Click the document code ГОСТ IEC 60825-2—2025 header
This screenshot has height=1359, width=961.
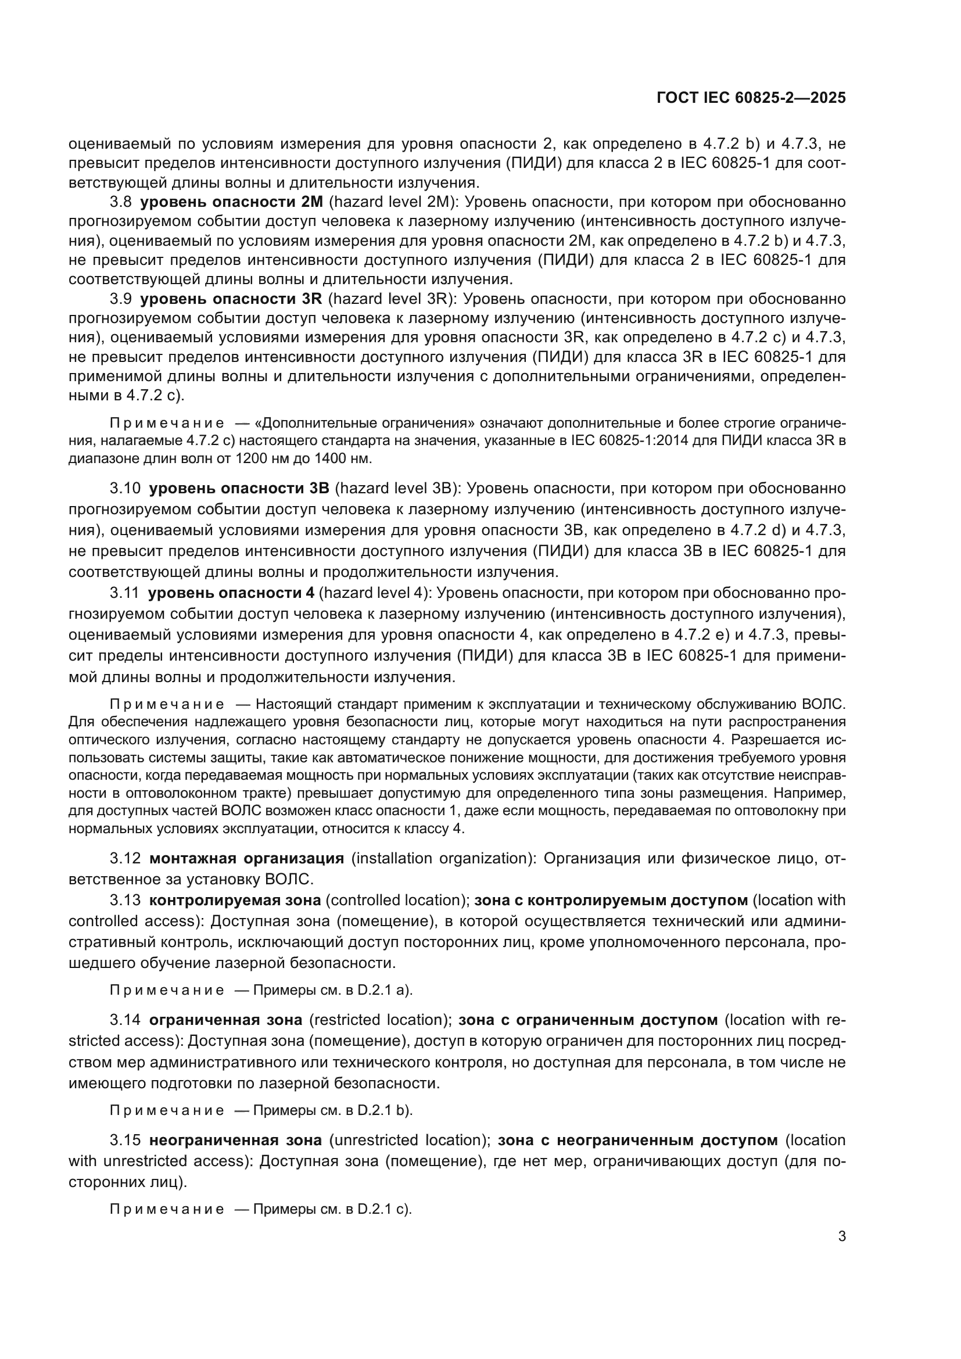pos(751,98)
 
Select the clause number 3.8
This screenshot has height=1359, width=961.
pos(121,202)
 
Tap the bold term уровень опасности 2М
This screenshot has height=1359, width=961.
pos(231,202)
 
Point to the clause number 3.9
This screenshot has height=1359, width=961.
pos(121,298)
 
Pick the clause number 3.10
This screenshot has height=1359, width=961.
pos(125,488)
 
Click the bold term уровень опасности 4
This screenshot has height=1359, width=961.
pos(231,593)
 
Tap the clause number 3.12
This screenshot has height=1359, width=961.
pos(125,858)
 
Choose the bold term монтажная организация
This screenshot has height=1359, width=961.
pos(246,858)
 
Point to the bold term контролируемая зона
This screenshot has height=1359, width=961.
pos(235,900)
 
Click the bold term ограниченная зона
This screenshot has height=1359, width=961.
pos(225,1020)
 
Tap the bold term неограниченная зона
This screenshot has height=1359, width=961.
pos(235,1140)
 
